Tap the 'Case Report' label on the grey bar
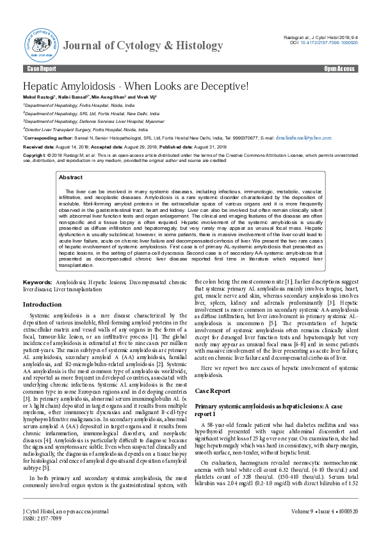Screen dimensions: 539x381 click(x=42, y=68)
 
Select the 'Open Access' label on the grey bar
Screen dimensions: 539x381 click(x=339, y=68)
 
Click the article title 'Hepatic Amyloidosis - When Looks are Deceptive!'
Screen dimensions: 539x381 click(x=135, y=86)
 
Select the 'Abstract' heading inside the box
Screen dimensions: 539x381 click(x=70, y=177)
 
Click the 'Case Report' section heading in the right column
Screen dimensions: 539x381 click(x=213, y=390)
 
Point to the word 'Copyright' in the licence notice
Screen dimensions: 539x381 click(x=35, y=156)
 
